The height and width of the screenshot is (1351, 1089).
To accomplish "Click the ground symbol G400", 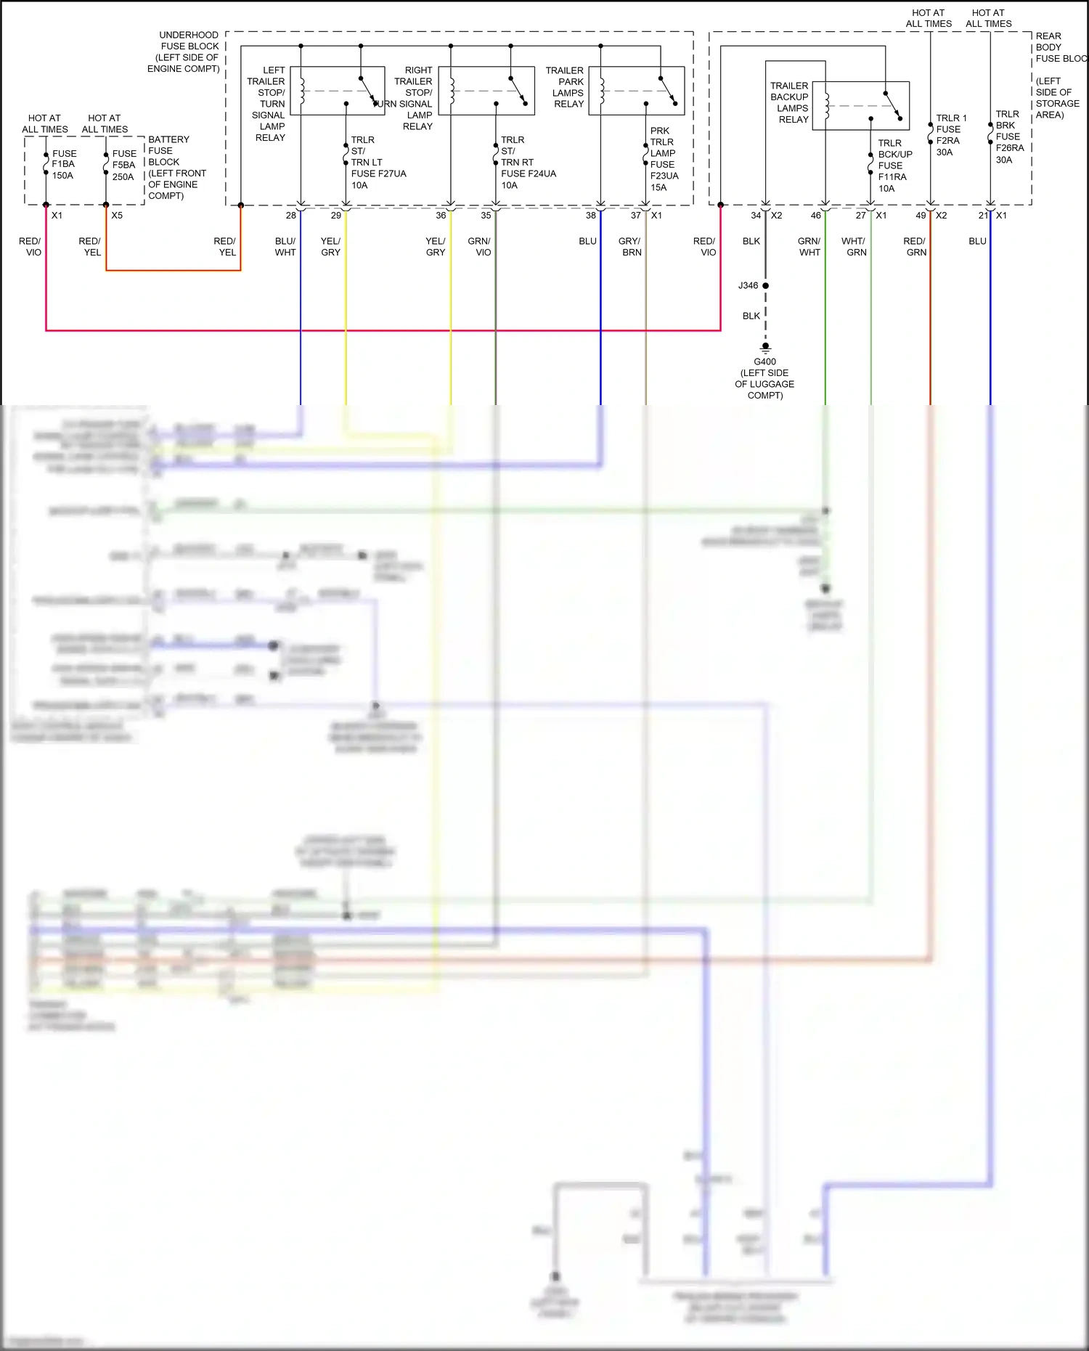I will point(765,347).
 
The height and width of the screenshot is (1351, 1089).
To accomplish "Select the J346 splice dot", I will point(765,285).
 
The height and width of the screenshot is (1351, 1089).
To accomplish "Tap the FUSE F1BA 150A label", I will point(63,165).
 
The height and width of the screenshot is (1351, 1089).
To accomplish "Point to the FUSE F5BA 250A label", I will point(123,166).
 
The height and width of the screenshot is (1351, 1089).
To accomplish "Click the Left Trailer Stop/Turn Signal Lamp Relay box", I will point(337,91).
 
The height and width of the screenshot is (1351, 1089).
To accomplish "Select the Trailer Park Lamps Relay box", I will point(636,91).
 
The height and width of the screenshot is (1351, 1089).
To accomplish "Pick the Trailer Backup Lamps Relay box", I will point(860,105).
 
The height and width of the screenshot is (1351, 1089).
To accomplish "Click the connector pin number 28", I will point(290,216).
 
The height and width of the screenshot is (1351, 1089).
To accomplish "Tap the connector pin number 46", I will point(815,216).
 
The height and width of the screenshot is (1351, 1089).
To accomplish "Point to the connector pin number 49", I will point(921,216).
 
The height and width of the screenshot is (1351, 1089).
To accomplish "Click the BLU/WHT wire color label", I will point(285,247).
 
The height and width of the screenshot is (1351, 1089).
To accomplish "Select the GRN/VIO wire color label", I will point(479,247).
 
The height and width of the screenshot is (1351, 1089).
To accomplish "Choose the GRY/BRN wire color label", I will point(629,247).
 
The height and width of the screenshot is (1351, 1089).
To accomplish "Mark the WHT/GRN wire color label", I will point(854,247).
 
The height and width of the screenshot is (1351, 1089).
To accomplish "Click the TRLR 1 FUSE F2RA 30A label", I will point(950,135).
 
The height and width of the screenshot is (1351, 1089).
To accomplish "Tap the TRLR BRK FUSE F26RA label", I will point(1009,136).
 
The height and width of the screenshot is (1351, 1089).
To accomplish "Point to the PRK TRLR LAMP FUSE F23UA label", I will point(664,159).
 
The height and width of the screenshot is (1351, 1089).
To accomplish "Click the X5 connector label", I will point(117,216).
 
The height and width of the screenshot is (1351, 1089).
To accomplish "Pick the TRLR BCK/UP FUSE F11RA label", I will point(894,166).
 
